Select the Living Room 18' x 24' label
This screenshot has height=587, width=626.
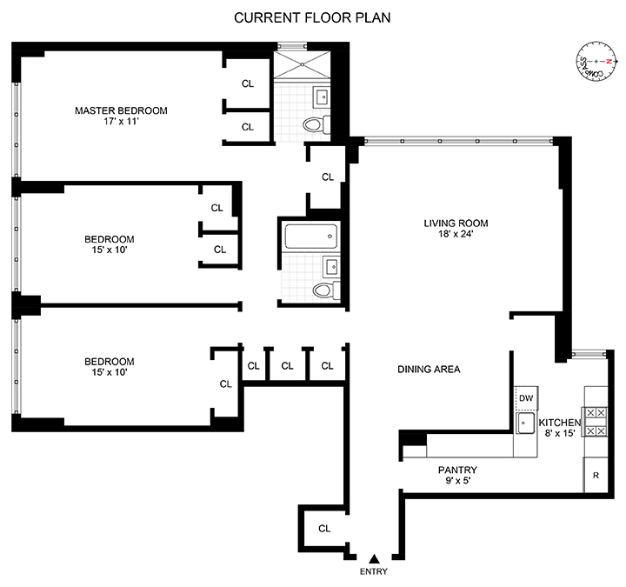coord(448,228)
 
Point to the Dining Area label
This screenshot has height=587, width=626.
coord(429,369)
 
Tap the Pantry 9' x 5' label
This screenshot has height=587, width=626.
coord(457,476)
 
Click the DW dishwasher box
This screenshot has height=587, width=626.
coord(525,397)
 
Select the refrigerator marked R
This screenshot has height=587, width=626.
coord(596,476)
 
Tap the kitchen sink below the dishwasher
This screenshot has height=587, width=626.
coord(526,424)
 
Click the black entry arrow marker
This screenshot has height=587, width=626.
coord(374,559)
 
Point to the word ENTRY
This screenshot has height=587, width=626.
coord(374,572)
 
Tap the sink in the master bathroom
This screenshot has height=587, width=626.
coord(321,96)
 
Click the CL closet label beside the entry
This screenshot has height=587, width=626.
coord(324,528)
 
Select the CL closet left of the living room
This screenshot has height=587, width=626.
coord(328,177)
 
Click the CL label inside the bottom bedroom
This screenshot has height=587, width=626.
coord(225,384)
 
